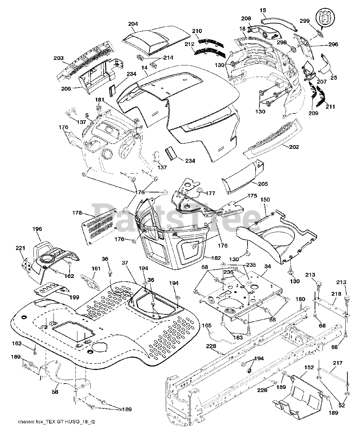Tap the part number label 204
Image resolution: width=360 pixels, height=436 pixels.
point(133,24)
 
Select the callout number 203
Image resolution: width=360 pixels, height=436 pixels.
point(59,58)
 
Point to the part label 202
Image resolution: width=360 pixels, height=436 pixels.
point(294,147)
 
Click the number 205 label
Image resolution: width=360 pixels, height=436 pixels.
point(263,184)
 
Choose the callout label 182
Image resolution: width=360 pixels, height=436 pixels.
point(216,258)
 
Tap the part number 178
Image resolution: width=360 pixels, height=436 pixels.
point(77,213)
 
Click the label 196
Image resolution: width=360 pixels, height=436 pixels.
point(37,229)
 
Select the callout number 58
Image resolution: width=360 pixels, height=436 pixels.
point(54,392)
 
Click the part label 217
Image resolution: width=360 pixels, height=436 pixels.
point(338,363)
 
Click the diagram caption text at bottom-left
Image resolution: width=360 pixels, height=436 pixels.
point(56,422)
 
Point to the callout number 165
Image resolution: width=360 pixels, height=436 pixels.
point(207,326)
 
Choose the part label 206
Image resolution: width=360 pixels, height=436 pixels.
point(66,89)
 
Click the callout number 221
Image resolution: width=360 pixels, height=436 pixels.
point(21,248)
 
